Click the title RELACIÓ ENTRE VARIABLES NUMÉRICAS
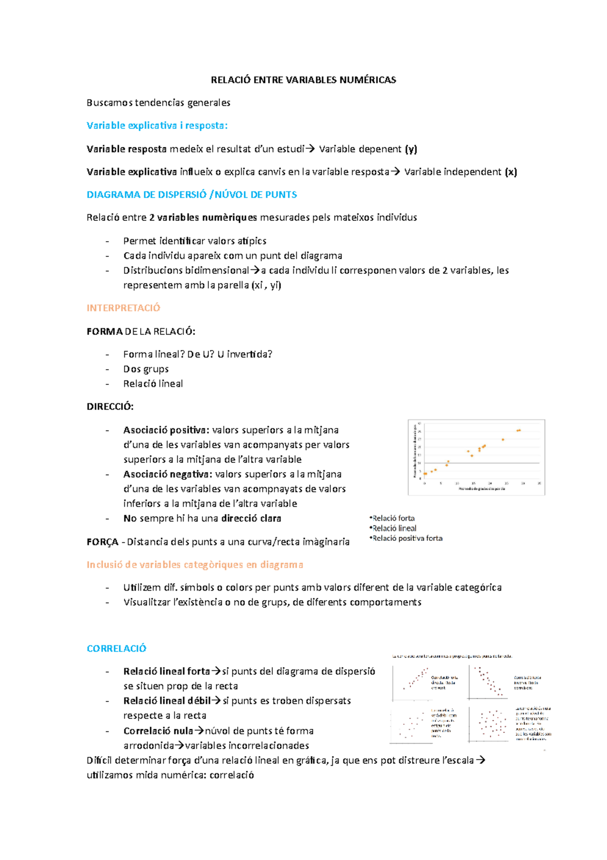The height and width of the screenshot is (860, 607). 303,80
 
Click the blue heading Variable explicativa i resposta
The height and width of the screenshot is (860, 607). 157,125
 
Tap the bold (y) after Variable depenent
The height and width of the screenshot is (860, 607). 411,149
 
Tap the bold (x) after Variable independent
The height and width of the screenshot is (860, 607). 511,172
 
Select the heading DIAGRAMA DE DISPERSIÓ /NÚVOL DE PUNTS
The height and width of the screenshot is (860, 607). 192,194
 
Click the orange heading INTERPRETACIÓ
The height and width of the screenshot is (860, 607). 123,308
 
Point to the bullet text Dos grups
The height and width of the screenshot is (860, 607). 146,369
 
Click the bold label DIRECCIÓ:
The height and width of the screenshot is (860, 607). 110,406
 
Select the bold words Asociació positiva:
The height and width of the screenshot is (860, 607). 166,430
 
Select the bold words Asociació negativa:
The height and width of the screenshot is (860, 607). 167,474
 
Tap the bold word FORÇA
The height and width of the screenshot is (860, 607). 103,542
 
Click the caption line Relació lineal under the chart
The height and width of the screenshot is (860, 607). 394,528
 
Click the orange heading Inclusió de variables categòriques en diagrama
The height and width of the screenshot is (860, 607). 195,565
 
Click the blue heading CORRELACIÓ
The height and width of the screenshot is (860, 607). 116,648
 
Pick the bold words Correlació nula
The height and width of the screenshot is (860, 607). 158,731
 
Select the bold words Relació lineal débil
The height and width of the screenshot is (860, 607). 166,701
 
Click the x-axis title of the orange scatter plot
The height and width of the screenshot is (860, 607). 481,489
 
